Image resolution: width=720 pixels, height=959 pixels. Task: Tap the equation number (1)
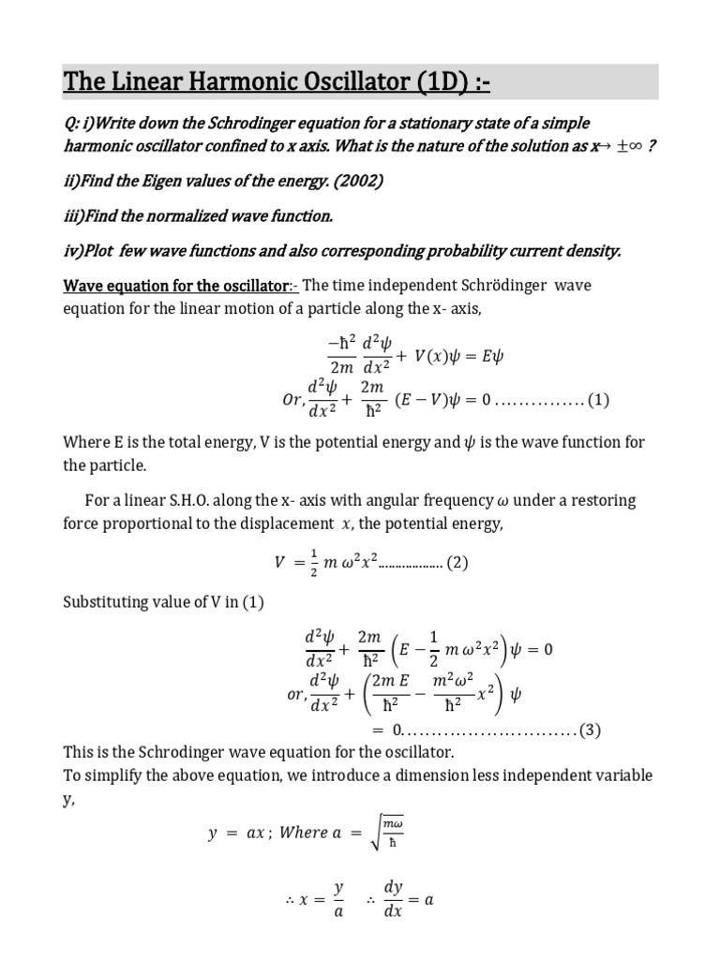coord(598,400)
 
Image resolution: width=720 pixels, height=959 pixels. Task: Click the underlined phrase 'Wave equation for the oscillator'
coord(175,284)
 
